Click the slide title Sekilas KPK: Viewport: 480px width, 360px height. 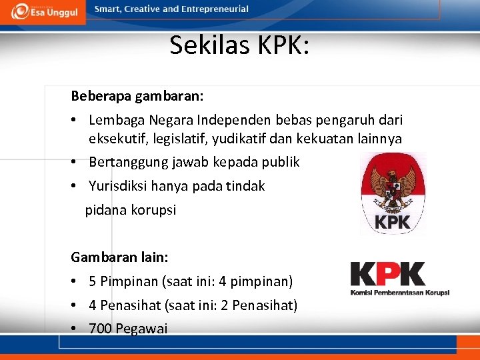239,45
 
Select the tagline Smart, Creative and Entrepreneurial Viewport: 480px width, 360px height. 172,9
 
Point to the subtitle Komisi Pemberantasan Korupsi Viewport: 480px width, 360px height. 400,292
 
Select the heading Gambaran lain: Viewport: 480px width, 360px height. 119,257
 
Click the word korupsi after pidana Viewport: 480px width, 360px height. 153,210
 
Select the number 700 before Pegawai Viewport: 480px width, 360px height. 100,329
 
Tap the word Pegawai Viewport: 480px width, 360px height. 142,329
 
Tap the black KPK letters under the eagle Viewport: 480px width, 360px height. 393,222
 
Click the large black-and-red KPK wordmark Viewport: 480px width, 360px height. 388,275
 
